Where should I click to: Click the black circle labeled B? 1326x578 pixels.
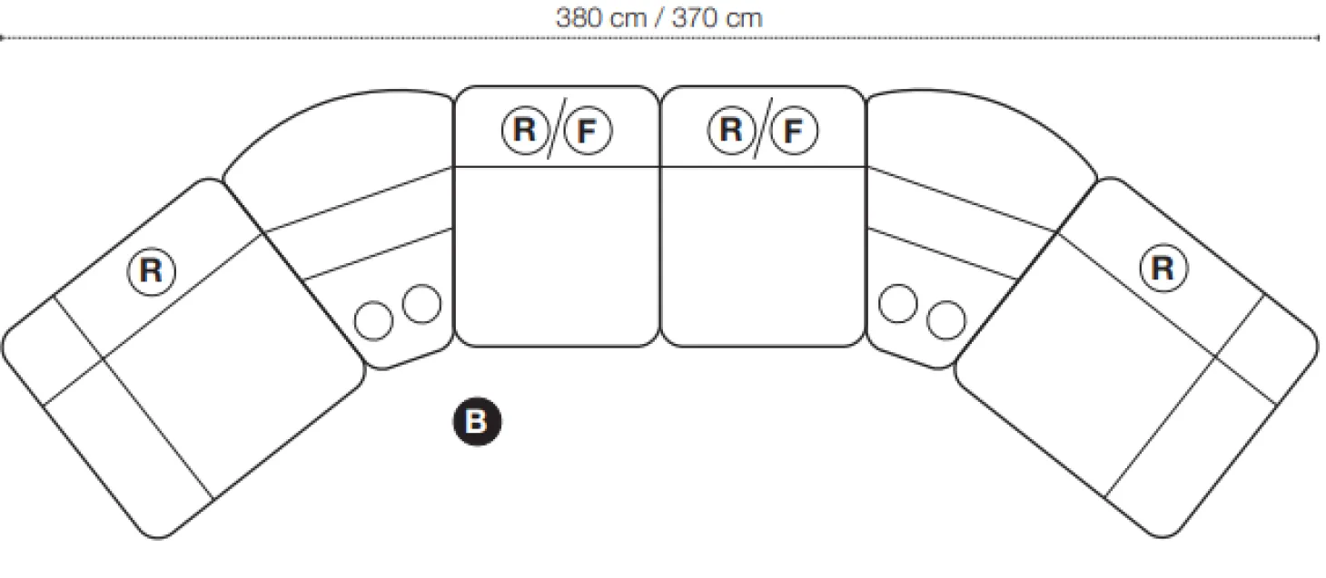477,421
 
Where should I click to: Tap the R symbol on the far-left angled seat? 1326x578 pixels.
152,271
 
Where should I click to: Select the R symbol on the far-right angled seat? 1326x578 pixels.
1163,269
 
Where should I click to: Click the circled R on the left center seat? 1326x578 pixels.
525,130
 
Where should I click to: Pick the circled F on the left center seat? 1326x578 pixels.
588,130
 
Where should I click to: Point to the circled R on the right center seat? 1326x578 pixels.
732,130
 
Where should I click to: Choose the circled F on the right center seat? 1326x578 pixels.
795,130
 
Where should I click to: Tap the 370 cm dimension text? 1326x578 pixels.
717,18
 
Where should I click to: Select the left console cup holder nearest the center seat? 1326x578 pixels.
421,304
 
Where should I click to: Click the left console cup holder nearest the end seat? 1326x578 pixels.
373,321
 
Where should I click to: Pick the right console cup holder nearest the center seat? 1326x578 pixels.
898,304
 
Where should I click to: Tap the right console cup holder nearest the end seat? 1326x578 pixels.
946,320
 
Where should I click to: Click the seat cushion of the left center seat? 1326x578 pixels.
557,257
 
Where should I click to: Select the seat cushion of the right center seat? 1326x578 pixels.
763,257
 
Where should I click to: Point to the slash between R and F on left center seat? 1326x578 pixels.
557,128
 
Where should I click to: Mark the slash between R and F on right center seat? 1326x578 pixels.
763,128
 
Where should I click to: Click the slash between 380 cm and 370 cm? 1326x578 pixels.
659,18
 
